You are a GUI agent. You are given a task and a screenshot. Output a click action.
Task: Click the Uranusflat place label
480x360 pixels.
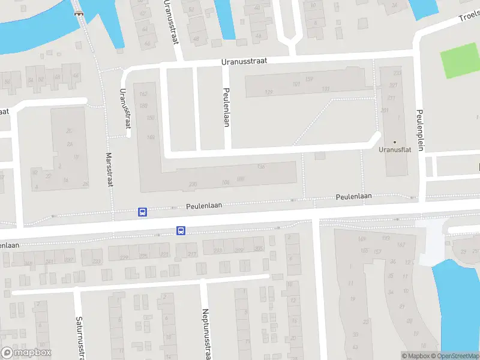394,150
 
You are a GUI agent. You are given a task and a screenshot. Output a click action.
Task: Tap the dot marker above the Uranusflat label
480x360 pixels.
394,142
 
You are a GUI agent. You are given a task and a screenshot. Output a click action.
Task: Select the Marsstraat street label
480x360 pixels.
109,169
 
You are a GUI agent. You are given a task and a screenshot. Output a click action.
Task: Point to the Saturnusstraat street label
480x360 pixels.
79,338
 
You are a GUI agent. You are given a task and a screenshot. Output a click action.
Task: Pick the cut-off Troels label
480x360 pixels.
469,16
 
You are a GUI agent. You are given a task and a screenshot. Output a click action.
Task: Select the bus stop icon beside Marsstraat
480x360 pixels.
143,211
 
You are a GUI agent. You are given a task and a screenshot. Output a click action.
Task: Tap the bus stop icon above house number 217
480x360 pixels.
181,230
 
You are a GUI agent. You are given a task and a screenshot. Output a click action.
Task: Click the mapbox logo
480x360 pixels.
26,353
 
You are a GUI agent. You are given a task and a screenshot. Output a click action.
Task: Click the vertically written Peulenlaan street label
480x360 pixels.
227,108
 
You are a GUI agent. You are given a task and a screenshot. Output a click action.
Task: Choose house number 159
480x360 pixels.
310,79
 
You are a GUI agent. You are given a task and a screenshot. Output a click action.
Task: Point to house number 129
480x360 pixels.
268,92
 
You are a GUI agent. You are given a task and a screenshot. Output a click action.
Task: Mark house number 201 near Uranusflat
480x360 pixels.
385,110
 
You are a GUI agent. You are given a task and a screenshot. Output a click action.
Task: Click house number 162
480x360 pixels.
143,94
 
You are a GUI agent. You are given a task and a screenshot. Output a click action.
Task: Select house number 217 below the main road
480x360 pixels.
192,254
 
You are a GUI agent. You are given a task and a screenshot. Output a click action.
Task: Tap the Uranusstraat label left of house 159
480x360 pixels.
244,61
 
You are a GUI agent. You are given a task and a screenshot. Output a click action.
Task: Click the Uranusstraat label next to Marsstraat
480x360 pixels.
125,108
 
